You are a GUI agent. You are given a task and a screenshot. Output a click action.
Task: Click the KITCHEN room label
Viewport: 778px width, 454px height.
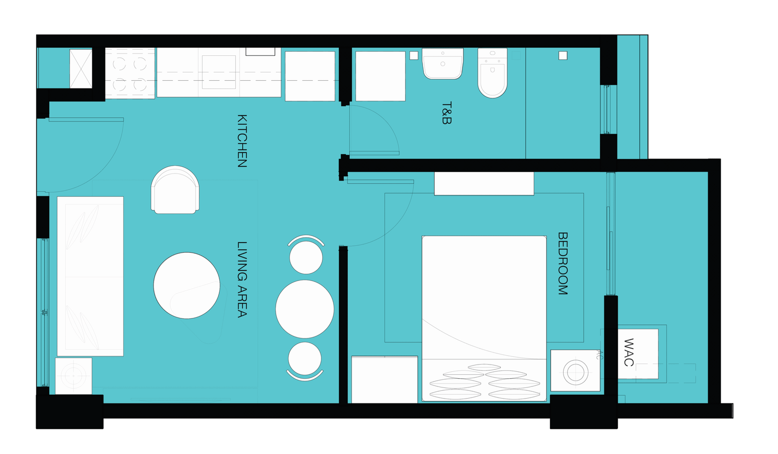(242, 141)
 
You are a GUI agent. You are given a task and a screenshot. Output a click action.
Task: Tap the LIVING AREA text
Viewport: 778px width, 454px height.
(242, 280)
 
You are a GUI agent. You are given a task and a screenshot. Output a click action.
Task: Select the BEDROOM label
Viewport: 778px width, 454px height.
(563, 263)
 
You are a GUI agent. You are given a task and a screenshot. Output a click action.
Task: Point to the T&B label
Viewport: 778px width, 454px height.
(447, 113)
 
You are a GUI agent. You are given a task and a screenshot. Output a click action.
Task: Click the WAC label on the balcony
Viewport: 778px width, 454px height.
(629, 352)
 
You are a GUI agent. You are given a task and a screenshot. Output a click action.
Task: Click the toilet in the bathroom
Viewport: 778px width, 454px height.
(493, 73)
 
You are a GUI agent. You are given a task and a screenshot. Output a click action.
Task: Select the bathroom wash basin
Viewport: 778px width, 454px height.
(443, 64)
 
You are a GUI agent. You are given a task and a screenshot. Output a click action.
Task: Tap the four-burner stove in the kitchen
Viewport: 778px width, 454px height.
(130, 73)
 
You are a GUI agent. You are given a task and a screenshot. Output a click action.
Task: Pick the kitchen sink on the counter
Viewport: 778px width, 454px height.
(219, 72)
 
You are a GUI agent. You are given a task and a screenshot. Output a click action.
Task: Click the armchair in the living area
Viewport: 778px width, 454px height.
(175, 190)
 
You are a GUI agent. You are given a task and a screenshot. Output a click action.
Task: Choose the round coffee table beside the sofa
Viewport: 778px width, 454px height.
(187, 285)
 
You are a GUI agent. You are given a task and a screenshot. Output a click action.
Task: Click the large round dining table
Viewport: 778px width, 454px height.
(304, 309)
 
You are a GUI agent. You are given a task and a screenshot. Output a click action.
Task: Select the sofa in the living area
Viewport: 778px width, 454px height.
(90, 276)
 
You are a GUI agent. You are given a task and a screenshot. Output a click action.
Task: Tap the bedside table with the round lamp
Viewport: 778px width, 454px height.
(575, 371)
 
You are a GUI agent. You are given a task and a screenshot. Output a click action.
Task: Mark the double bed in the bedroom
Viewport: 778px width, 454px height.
(484, 319)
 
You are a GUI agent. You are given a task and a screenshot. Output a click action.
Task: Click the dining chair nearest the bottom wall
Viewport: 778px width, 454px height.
(304, 361)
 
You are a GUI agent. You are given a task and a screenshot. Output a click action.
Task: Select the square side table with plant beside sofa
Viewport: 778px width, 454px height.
(73, 376)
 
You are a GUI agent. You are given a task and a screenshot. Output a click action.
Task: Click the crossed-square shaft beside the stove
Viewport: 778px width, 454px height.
(81, 69)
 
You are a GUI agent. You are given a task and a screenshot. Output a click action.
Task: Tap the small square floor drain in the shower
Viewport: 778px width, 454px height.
(563, 55)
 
